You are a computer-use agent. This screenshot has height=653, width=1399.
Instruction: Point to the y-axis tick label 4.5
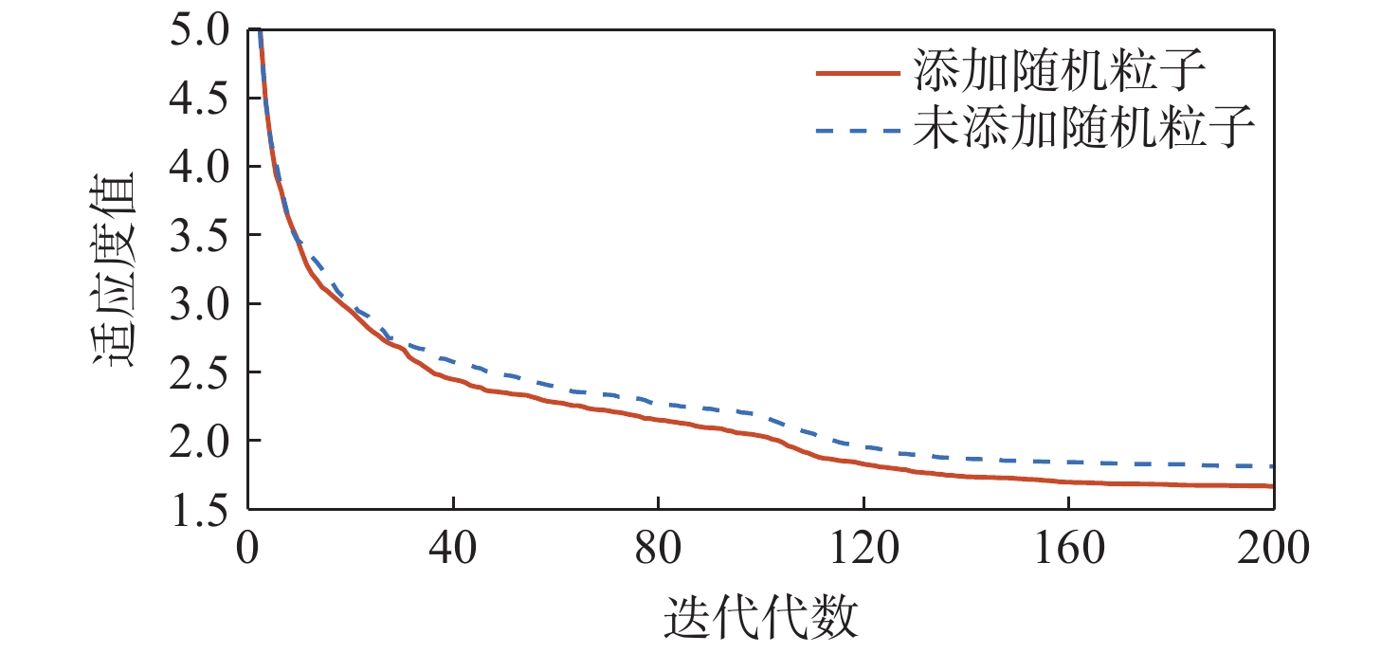click(x=200, y=100)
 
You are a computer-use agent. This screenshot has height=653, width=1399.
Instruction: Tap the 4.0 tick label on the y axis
click(x=200, y=168)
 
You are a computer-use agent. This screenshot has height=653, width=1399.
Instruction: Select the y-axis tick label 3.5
click(x=200, y=236)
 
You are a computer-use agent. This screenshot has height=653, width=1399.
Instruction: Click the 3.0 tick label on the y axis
click(x=200, y=304)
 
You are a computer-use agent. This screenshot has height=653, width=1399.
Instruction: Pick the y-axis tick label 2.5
click(x=200, y=372)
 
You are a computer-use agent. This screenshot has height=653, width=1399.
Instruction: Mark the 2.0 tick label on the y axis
click(x=200, y=441)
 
